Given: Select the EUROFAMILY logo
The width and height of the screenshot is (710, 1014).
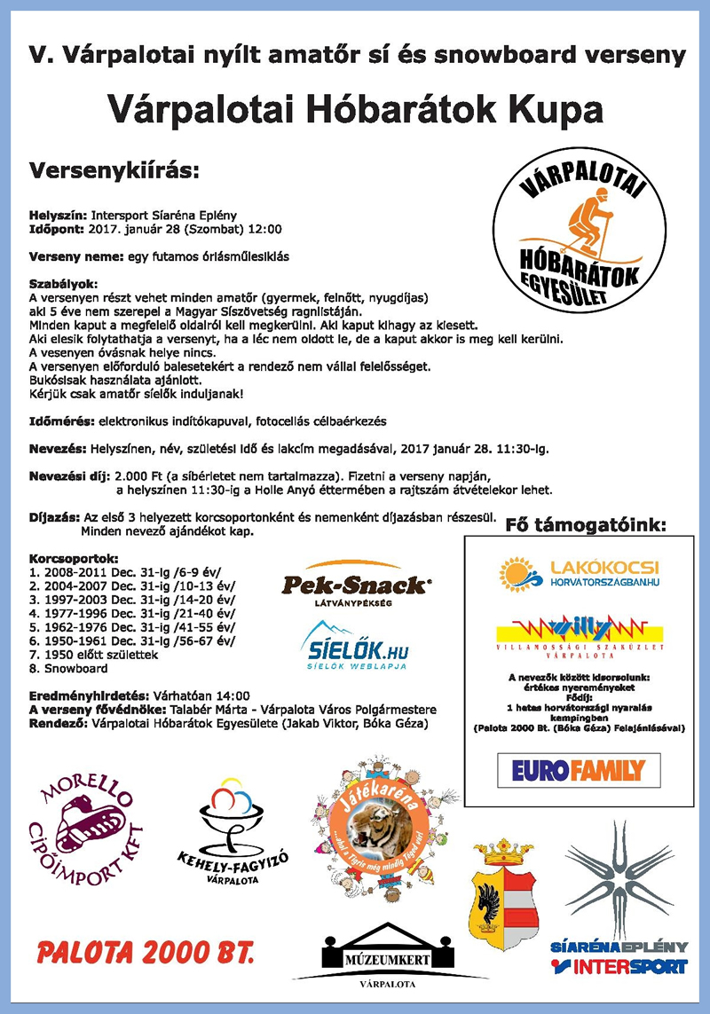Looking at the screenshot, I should pyautogui.click(x=578, y=768).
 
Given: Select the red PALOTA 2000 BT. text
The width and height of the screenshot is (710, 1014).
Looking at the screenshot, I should pyautogui.click(x=146, y=955).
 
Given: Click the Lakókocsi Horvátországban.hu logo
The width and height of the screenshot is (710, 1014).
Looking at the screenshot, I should pyautogui.click(x=581, y=573).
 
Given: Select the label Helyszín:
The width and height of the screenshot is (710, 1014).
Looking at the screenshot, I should pyautogui.click(x=58, y=215).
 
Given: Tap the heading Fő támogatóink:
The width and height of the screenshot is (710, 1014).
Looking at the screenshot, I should pyautogui.click(x=585, y=525).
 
